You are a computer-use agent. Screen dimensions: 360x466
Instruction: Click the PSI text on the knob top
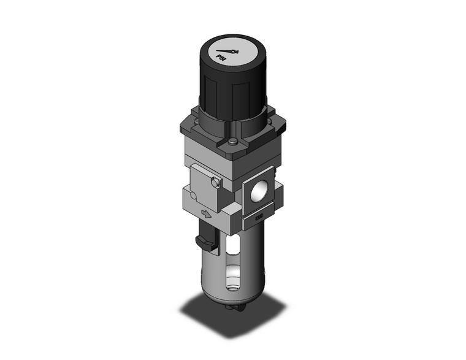[x=221, y=56]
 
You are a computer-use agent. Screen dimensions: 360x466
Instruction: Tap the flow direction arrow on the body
[x=207, y=214]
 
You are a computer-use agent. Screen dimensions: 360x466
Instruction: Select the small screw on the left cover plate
[x=213, y=182]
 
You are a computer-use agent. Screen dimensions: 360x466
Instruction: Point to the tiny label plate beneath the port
[x=259, y=216]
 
